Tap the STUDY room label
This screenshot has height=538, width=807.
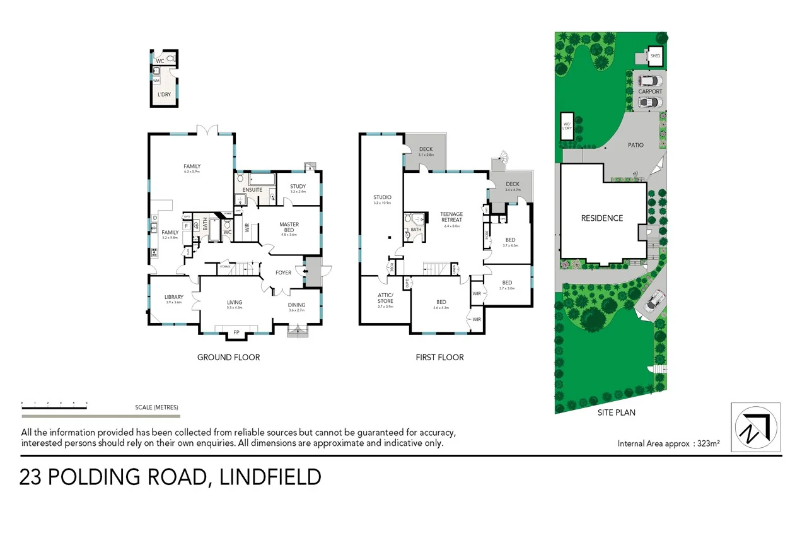(x=298, y=186)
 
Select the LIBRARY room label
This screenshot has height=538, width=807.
(x=173, y=297)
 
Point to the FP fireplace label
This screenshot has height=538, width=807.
(x=236, y=332)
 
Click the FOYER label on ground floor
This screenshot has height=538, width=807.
(x=283, y=272)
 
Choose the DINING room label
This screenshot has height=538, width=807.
(x=296, y=305)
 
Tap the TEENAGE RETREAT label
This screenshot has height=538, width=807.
(x=452, y=216)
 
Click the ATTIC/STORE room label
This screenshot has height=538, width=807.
(x=385, y=298)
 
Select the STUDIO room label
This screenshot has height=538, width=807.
(x=382, y=197)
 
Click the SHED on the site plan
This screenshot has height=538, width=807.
(x=656, y=56)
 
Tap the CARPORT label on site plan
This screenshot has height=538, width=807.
(x=650, y=91)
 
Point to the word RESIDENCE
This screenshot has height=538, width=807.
(x=601, y=218)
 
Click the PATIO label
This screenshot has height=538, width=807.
(x=636, y=145)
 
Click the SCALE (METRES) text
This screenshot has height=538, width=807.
(x=156, y=407)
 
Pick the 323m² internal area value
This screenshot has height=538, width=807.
(x=707, y=443)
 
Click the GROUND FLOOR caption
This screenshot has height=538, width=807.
(x=228, y=357)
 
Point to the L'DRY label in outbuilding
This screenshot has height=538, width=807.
(x=164, y=95)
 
